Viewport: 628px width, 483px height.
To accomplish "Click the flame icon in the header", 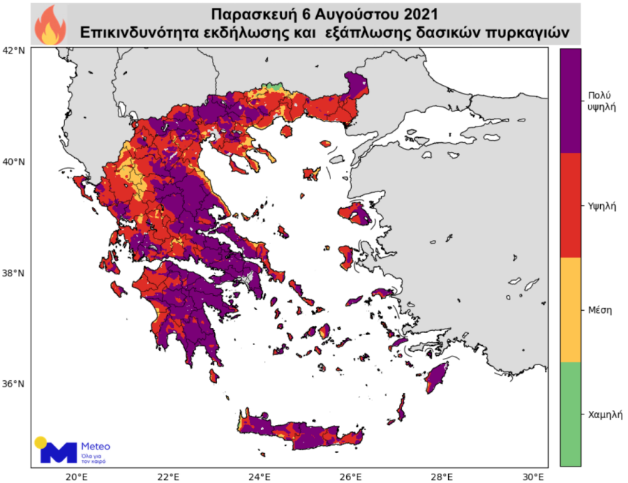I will coord(50,24).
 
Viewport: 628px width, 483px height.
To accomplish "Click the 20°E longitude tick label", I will coord(76,476).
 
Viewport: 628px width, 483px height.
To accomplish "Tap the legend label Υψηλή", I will coord(599,204).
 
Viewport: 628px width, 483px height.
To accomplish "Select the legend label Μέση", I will coord(597,309).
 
